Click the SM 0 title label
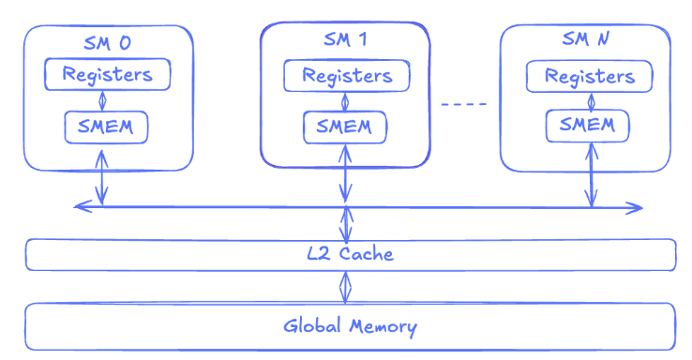click(x=107, y=43)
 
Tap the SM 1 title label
click(x=345, y=39)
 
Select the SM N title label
click(x=586, y=38)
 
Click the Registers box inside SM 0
click(x=107, y=74)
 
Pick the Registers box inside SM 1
click(x=346, y=75)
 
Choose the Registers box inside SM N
click(x=589, y=76)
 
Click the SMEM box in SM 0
click(x=106, y=127)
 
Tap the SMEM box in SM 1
click(x=345, y=127)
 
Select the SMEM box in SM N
click(x=587, y=126)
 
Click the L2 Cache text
click(x=350, y=254)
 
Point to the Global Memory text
click(x=350, y=326)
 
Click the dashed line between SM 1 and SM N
click(x=464, y=104)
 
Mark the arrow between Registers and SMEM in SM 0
click(x=102, y=100)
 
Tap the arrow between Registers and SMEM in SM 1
click(x=345, y=101)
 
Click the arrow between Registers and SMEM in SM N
click(x=592, y=101)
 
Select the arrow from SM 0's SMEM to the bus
click(x=102, y=177)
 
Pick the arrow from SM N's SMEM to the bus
click(x=592, y=175)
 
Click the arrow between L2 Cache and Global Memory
click(x=345, y=287)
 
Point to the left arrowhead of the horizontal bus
click(x=83, y=205)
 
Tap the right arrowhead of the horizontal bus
click(x=635, y=208)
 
